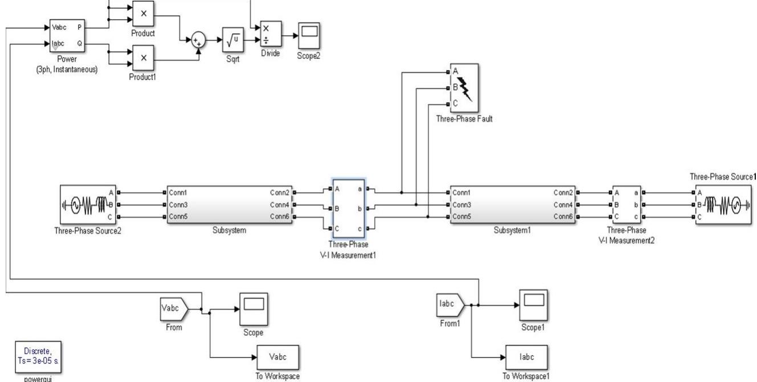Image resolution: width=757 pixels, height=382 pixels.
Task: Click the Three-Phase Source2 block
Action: pos(89,205)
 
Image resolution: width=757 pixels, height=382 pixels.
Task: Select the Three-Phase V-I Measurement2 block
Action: pos(628,205)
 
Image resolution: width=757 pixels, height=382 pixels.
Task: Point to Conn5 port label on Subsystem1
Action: pos(461,217)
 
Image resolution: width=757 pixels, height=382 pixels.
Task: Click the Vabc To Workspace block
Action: pos(279,357)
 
